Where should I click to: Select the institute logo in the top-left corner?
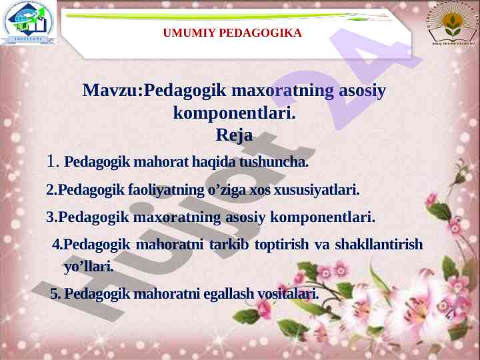[x=28, y=22]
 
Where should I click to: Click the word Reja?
[x=234, y=135]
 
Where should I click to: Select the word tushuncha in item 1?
[x=273, y=162]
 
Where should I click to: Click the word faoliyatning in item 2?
[x=166, y=190]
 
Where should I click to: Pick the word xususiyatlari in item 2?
[x=316, y=190]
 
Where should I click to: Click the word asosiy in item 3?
[x=245, y=217]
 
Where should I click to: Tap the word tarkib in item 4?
[x=229, y=244]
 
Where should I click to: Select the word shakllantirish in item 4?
[x=379, y=244]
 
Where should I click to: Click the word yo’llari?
[x=89, y=267]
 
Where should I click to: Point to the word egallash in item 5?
[x=229, y=294]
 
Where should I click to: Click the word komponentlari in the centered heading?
[x=234, y=113]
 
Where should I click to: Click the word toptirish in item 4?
[x=281, y=245]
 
